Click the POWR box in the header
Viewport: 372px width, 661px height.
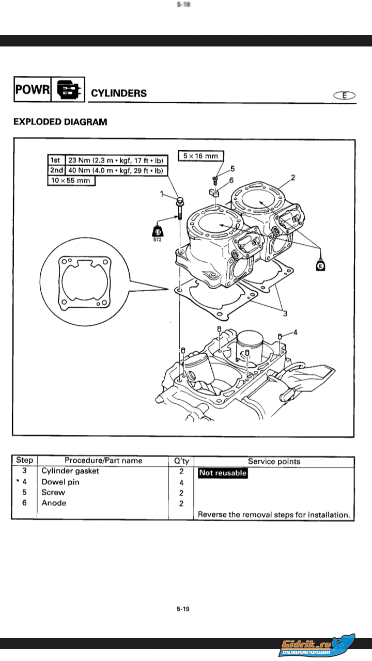click(32, 89)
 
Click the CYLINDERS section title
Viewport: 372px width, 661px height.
click(119, 93)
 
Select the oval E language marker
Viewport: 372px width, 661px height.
click(345, 95)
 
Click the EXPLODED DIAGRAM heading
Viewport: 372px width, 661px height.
click(60, 122)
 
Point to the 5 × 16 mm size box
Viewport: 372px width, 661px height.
click(200, 156)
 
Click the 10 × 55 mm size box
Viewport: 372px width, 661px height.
click(71, 181)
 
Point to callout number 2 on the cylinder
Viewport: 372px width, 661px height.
click(293, 178)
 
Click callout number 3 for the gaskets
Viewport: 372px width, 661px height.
click(285, 313)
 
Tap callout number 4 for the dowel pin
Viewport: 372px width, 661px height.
click(296, 333)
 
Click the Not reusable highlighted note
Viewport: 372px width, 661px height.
click(223, 473)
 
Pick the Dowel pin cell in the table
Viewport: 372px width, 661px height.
click(60, 482)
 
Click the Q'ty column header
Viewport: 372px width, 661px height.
click(181, 461)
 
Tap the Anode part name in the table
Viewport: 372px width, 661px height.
click(54, 503)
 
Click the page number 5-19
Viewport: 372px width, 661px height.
click(183, 609)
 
